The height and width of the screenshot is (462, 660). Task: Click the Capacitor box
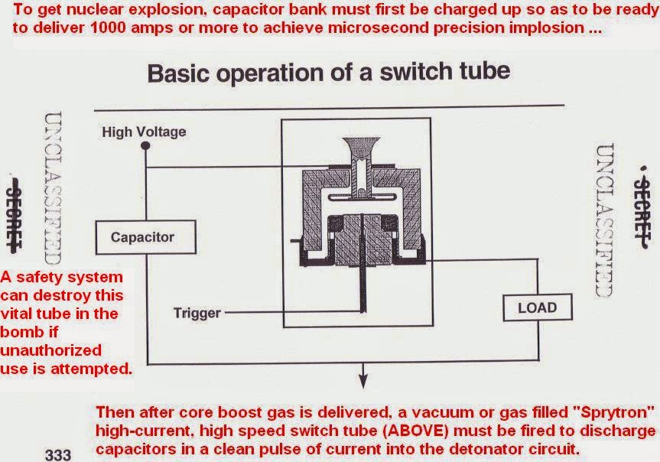coord(141,237)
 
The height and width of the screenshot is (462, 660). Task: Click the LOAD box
coord(538,308)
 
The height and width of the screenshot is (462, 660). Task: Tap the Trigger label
coord(197,313)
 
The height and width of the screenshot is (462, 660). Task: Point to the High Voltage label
coord(144,132)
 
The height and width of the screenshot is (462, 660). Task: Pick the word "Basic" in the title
coord(177,73)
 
